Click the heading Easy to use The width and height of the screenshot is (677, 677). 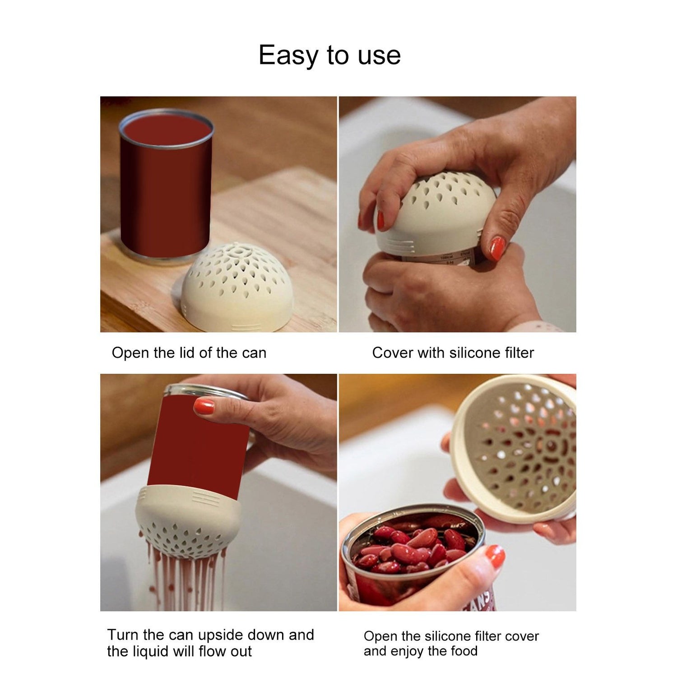tap(329, 56)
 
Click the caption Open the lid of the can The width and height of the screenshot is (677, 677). tap(189, 352)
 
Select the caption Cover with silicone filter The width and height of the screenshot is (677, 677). tap(453, 352)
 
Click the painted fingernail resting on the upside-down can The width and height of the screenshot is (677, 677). tap(204, 406)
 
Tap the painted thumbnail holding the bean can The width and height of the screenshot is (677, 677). tap(495, 558)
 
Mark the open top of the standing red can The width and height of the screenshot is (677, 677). tap(166, 130)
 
